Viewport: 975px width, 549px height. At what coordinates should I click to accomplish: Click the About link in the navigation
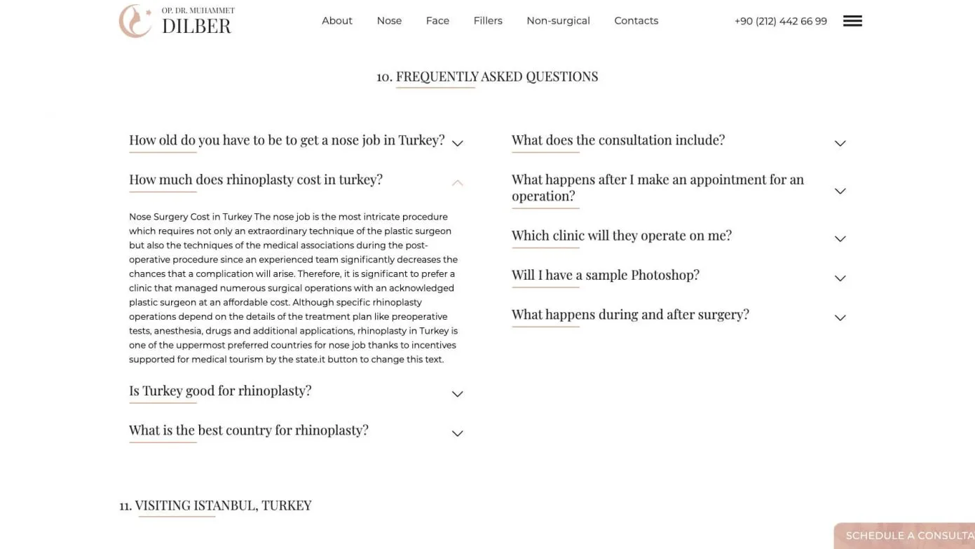pyautogui.click(x=336, y=21)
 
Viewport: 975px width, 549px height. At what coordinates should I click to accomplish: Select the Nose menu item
pyautogui.click(x=389, y=21)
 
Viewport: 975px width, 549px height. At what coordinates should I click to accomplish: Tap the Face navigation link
pyautogui.click(x=437, y=21)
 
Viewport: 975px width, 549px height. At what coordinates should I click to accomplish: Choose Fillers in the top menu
pyautogui.click(x=488, y=21)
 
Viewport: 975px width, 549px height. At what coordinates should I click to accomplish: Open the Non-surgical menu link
pyautogui.click(x=558, y=21)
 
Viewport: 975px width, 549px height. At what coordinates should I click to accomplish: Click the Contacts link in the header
pyautogui.click(x=636, y=21)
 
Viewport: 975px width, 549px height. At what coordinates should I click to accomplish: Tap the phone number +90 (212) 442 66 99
pyautogui.click(x=780, y=22)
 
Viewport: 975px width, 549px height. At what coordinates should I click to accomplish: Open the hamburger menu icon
pyautogui.click(x=852, y=21)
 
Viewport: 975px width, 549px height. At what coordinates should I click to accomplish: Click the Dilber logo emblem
pyautogui.click(x=135, y=21)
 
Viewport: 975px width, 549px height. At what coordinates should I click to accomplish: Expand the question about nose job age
pyautogui.click(x=286, y=140)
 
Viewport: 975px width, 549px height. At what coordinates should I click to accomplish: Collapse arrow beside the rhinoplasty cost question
pyautogui.click(x=457, y=183)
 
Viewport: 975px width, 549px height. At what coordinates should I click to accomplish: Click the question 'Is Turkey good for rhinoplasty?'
pyautogui.click(x=220, y=391)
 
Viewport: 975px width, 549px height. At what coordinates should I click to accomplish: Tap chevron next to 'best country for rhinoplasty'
pyautogui.click(x=457, y=433)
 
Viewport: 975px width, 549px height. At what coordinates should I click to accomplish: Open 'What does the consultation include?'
pyautogui.click(x=618, y=140)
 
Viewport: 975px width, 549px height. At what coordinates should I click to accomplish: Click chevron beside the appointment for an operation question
pyautogui.click(x=840, y=191)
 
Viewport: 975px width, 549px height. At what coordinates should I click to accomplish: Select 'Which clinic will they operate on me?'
pyautogui.click(x=621, y=236)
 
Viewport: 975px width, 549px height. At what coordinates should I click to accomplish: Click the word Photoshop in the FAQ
pyautogui.click(x=664, y=275)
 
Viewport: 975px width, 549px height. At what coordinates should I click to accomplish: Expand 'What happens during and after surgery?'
pyautogui.click(x=629, y=314)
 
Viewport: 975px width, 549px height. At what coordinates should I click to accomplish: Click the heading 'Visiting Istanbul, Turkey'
pyautogui.click(x=223, y=506)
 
